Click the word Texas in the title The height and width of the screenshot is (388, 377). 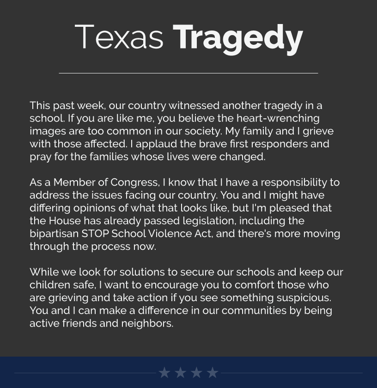click(119, 37)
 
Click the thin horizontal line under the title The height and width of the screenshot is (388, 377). click(188, 73)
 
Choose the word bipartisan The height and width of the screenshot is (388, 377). click(54, 234)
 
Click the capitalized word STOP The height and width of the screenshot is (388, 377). click(95, 234)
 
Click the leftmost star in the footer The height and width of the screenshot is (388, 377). click(164, 372)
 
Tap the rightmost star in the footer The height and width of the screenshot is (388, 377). click(213, 372)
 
